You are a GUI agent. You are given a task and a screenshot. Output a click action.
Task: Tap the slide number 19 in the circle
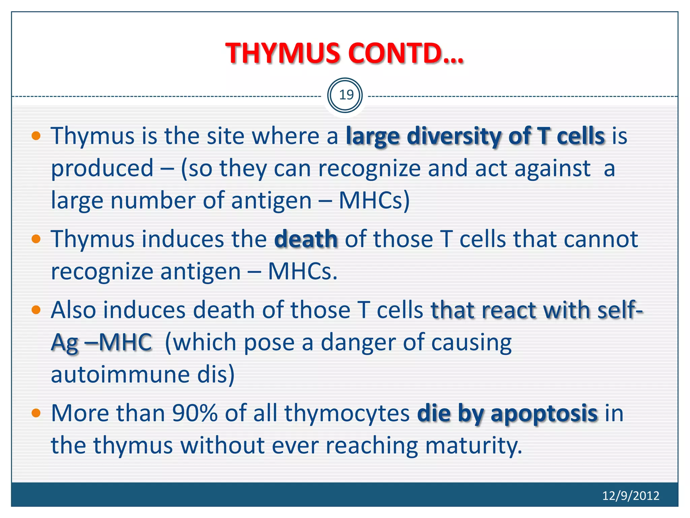click(x=346, y=95)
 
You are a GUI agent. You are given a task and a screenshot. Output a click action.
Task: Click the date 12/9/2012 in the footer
click(x=630, y=495)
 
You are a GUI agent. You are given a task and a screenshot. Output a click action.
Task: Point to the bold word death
click(x=306, y=239)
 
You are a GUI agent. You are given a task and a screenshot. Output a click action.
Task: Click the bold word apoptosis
click(x=544, y=413)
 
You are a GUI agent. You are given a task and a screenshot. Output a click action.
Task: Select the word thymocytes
click(x=347, y=414)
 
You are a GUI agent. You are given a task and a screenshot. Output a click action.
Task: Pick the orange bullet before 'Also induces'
click(x=36, y=310)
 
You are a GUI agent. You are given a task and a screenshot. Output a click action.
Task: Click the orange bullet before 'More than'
click(x=36, y=413)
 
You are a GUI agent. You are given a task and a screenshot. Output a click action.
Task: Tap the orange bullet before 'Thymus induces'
click(x=36, y=239)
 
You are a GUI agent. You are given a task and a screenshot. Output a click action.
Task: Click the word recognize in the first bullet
click(x=369, y=169)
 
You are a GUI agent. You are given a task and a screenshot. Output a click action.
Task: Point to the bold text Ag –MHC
click(x=101, y=343)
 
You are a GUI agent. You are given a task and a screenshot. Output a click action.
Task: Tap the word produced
click(x=102, y=168)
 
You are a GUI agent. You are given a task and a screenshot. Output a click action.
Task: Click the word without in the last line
click(x=222, y=445)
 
